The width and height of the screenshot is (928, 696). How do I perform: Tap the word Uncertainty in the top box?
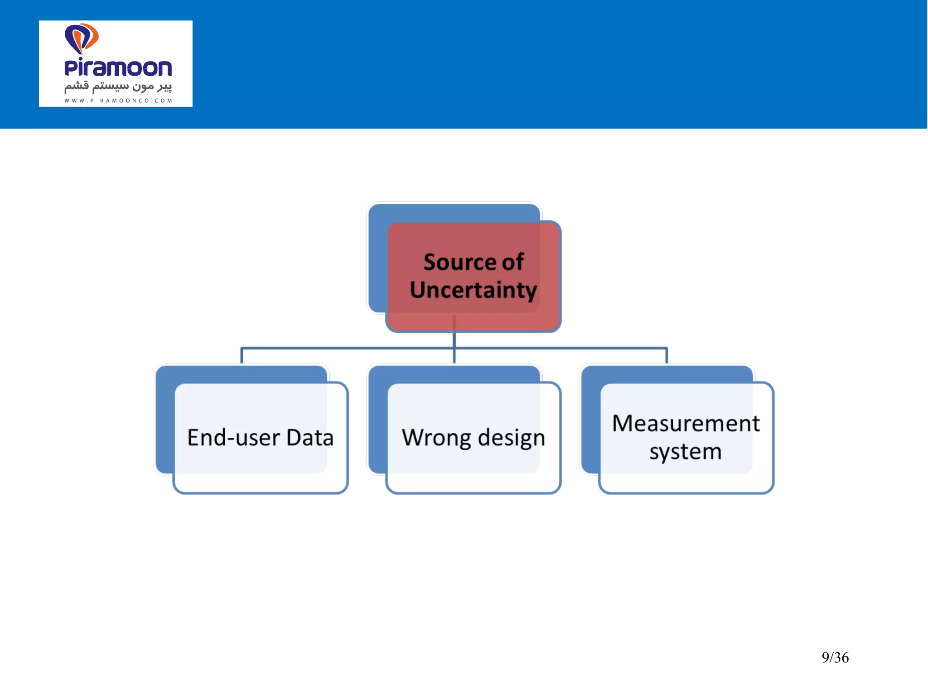click(x=473, y=290)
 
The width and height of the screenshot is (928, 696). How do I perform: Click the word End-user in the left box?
click(x=233, y=438)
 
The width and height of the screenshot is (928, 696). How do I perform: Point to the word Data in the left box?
click(x=310, y=438)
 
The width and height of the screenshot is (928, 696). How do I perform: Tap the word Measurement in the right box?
click(x=686, y=424)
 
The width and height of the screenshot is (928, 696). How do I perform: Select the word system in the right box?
click(x=685, y=452)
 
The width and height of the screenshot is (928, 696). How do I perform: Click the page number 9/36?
click(x=835, y=657)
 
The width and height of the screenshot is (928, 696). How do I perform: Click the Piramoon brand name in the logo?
click(x=118, y=68)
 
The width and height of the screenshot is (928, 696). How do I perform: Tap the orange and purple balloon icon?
click(x=82, y=38)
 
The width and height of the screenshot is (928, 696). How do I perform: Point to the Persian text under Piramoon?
click(x=118, y=86)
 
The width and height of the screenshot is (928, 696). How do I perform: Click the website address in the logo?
click(x=118, y=101)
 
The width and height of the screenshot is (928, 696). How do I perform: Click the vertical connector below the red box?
click(x=454, y=347)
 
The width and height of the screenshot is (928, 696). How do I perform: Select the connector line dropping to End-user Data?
click(x=242, y=356)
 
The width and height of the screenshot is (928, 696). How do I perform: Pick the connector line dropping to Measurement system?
click(x=667, y=356)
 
